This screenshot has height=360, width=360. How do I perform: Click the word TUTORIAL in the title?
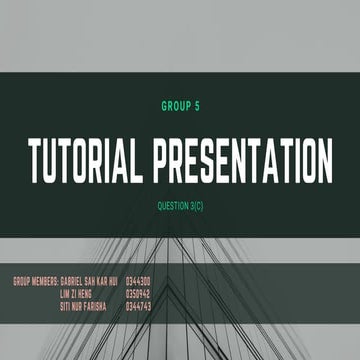[x=85, y=159]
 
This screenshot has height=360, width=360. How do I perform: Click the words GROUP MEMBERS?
[x=35, y=283]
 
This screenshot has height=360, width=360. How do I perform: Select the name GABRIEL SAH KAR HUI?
[x=89, y=283]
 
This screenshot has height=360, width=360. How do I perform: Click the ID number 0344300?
[x=138, y=283]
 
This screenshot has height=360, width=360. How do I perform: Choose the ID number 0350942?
[x=138, y=295]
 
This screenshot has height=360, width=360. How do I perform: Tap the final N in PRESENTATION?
[x=323, y=159]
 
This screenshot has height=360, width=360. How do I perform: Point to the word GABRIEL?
[x=73, y=283]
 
